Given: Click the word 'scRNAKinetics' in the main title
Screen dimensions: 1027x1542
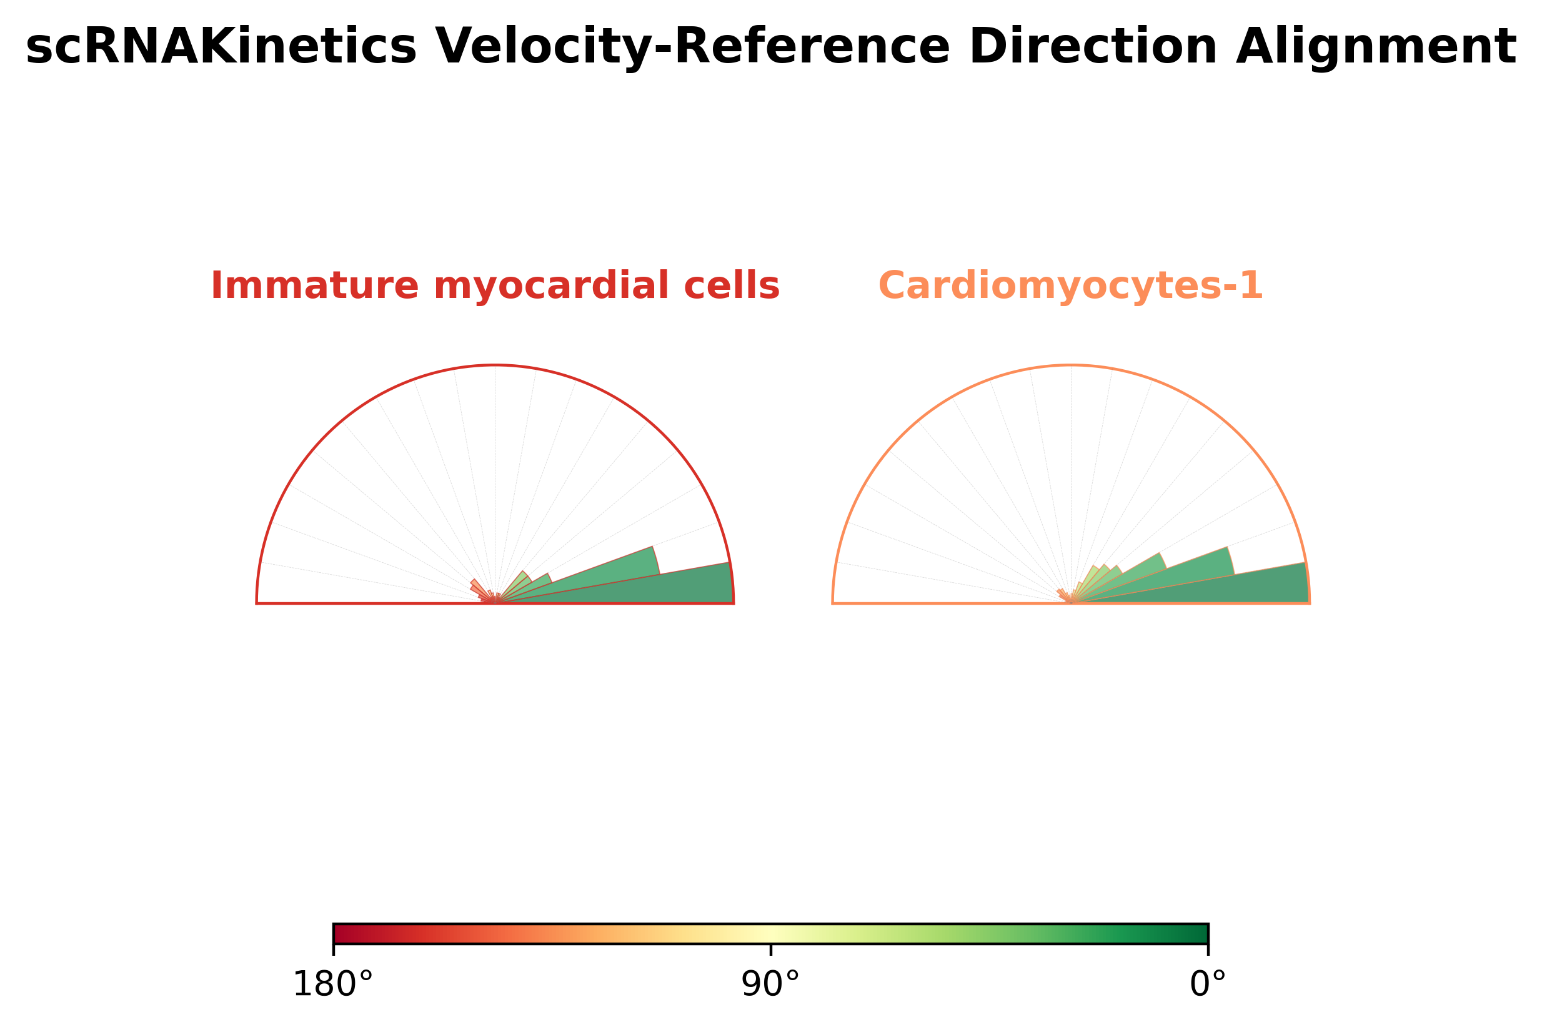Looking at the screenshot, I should pyautogui.click(x=221, y=47).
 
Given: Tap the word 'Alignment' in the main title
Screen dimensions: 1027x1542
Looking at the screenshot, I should pyautogui.click(x=1376, y=47).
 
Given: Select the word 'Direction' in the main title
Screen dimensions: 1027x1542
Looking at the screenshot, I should pyautogui.click(x=1093, y=47).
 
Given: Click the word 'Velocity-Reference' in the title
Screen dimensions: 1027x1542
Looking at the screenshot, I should pyautogui.click(x=692, y=47).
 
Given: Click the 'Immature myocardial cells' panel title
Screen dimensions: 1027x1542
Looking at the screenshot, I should pyautogui.click(x=495, y=286).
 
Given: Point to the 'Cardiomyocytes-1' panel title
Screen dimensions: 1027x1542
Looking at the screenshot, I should pyautogui.click(x=1070, y=286).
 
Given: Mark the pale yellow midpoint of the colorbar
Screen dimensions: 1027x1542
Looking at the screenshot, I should pyautogui.click(x=770, y=934).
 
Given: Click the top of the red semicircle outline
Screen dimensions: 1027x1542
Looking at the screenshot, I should pyautogui.click(x=495, y=365).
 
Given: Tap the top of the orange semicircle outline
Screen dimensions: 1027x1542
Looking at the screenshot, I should pyautogui.click(x=1070, y=365).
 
